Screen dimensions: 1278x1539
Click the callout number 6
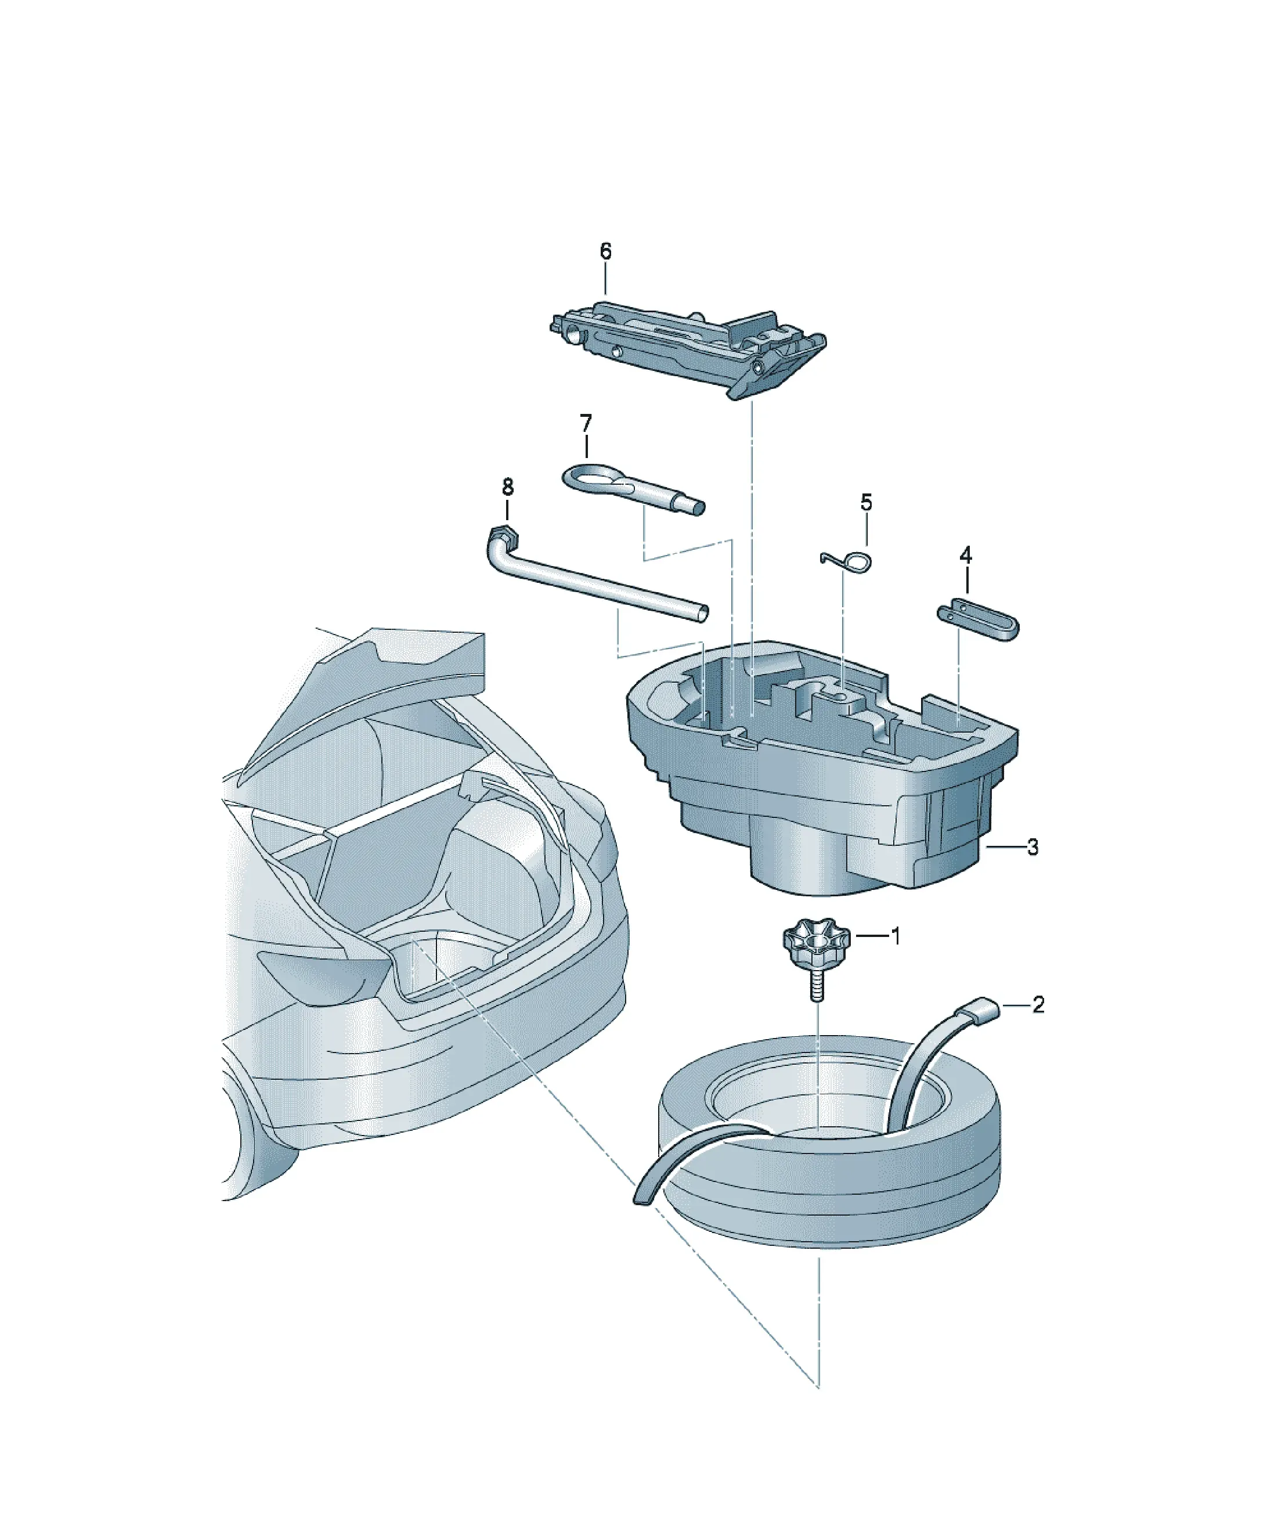click(605, 251)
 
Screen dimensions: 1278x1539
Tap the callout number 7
click(586, 424)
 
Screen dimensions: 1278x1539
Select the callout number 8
click(508, 486)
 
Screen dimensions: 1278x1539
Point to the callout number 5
click(866, 503)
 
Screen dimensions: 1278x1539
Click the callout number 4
click(966, 555)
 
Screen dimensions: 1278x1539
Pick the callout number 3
click(1032, 847)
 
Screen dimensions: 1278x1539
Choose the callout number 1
click(895, 936)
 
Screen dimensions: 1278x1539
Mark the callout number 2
click(1038, 1004)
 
